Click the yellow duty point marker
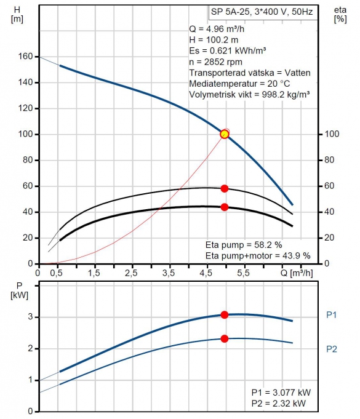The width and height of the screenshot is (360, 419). (225, 134)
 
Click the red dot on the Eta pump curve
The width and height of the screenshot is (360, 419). (225, 188)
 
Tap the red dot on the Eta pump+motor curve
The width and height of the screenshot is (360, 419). (225, 207)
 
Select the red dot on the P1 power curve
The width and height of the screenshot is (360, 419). (225, 315)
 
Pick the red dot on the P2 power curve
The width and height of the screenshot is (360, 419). (225, 338)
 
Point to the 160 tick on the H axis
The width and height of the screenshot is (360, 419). (25, 56)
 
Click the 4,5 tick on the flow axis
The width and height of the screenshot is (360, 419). (206, 273)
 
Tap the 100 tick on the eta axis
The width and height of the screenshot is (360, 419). (332, 134)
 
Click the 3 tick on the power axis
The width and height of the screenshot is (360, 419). (30, 317)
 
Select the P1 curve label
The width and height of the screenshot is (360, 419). (332, 315)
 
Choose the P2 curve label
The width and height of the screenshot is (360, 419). (332, 349)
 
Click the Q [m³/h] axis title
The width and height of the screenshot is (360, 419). (297, 273)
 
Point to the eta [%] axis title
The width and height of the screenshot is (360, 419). (340, 14)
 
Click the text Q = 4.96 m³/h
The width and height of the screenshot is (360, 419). (217, 29)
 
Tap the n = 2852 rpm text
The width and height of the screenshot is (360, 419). (215, 62)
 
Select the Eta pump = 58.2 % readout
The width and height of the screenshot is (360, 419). (244, 245)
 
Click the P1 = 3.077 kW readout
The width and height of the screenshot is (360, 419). (281, 393)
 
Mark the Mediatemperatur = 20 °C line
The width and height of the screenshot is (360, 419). (239, 84)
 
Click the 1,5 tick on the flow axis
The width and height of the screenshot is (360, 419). (94, 273)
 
